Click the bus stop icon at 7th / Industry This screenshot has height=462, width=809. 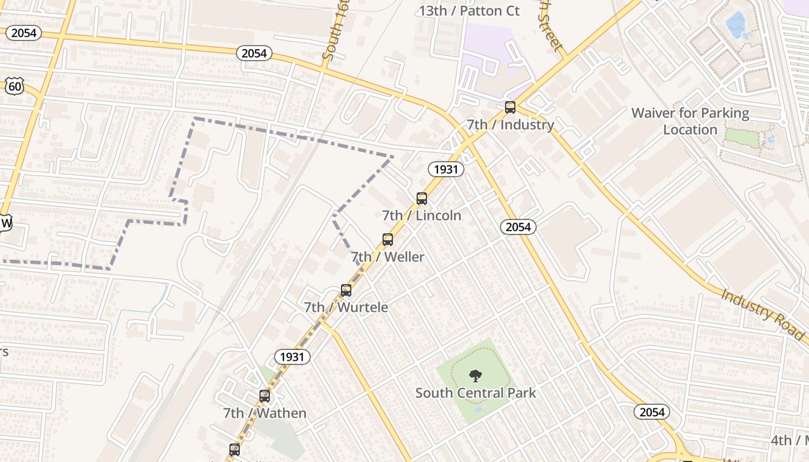tap(510, 107)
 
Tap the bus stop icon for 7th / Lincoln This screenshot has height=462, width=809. tap(422, 199)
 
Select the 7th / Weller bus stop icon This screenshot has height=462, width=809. tap(388, 240)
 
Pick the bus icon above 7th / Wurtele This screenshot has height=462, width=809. tap(346, 290)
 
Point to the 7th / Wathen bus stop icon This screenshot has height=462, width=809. tap(265, 396)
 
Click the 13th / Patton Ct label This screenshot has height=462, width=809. tap(469, 10)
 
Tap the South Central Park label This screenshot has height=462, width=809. tap(476, 393)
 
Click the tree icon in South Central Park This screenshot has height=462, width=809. tap(475, 376)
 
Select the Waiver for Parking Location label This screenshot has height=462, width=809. tap(690, 121)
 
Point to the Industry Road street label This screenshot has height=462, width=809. tap(762, 313)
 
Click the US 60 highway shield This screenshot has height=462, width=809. tap(16, 87)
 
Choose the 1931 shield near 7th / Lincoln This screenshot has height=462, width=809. tap(446, 169)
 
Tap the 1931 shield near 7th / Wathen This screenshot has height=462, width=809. tap(292, 356)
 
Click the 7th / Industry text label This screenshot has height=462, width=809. tap(510, 124)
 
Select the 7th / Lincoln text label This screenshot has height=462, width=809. tap(422, 215)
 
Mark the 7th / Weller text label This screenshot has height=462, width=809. tap(388, 257)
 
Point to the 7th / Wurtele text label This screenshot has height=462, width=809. tap(346, 307)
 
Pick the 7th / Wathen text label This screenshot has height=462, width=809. tap(265, 413)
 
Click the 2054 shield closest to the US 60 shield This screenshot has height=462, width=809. tap(24, 33)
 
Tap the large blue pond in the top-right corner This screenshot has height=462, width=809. tap(736, 25)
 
